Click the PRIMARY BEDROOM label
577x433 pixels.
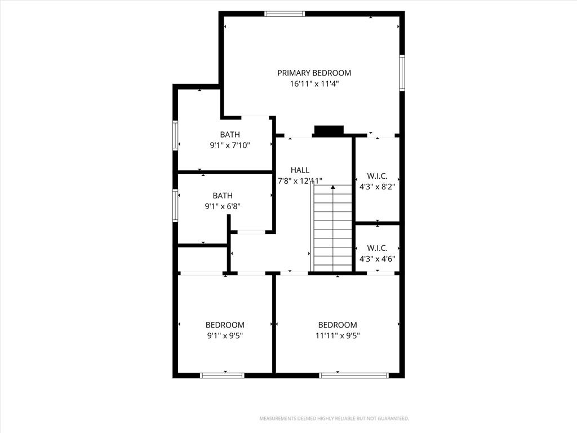pyautogui.click(x=314, y=73)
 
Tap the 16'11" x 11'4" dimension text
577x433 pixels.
pyautogui.click(x=314, y=83)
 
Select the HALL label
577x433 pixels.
pyautogui.click(x=300, y=170)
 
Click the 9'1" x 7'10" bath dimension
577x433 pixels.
pyautogui.click(x=230, y=145)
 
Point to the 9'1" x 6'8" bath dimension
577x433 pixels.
pyautogui.click(x=222, y=206)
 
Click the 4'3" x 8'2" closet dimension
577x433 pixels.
pyautogui.click(x=377, y=187)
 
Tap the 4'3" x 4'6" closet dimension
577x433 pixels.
pyautogui.click(x=377, y=258)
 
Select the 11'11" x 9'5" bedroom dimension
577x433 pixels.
pyautogui.click(x=338, y=335)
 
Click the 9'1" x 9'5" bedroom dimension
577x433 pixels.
pyautogui.click(x=225, y=335)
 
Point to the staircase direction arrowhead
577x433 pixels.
pyautogui.click(x=332, y=187)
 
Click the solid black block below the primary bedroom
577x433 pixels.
pyautogui.click(x=329, y=130)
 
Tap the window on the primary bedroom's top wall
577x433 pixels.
pyautogui.click(x=285, y=14)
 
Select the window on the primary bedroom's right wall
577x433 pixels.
pyautogui.click(x=402, y=73)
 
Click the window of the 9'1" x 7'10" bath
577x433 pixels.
pyautogui.click(x=175, y=135)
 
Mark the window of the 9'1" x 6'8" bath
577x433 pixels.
pyautogui.click(x=175, y=205)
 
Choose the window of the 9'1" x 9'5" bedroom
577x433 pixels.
pyautogui.click(x=222, y=375)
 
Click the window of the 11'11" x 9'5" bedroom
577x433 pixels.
pyautogui.click(x=354, y=375)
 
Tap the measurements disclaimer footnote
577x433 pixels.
pyautogui.click(x=334, y=419)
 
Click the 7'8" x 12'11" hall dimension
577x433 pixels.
pyautogui.click(x=300, y=181)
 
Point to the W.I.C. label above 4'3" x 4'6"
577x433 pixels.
pyautogui.click(x=377, y=248)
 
